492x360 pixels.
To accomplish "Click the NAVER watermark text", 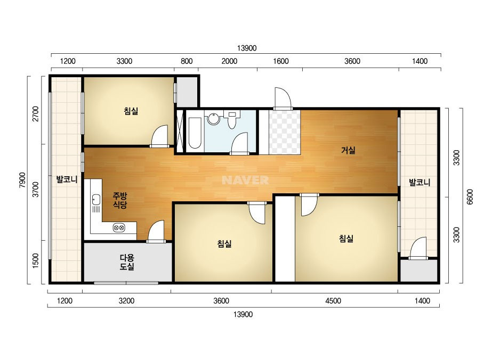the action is coord(245,180).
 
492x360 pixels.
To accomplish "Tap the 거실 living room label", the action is coord(348,150).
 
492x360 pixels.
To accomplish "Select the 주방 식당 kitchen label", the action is coord(120,200).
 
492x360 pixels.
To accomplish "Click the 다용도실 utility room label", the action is coord(127,262).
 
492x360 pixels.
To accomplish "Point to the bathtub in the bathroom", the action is coord(195,133).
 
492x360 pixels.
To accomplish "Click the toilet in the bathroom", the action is coord(232,120).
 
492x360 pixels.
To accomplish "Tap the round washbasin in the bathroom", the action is coord(214,119).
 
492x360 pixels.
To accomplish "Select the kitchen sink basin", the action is coord(96,199).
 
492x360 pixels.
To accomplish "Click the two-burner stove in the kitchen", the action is coord(119,227).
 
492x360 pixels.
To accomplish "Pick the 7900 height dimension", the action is coord(22,179).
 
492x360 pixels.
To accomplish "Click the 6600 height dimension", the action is coord(470,197).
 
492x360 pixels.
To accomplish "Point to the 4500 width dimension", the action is coord(333,301).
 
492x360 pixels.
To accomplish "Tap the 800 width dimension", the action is coord(187,61).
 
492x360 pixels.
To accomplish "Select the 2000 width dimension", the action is coord(229,61).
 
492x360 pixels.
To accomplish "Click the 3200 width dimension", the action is coord(127,301).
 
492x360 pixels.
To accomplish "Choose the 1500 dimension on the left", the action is coord(36,260).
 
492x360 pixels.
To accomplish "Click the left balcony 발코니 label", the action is coord(67,179).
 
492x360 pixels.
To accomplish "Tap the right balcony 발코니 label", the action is coord(420,182).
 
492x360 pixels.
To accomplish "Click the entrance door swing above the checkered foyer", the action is coord(283,99).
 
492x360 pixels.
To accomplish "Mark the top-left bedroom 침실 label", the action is coord(131,111).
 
